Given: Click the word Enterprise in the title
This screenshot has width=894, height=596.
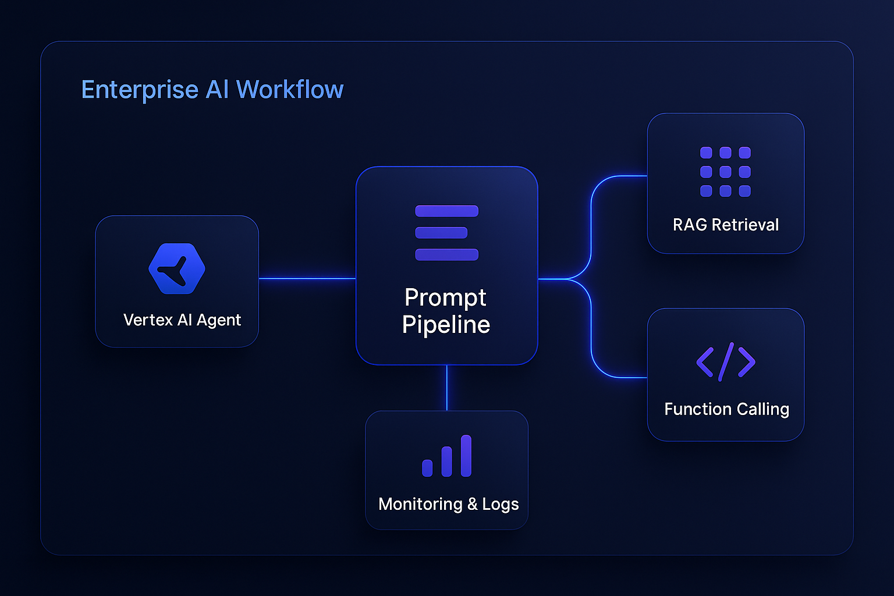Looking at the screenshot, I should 140,90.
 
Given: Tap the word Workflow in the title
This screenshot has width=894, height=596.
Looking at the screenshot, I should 289,90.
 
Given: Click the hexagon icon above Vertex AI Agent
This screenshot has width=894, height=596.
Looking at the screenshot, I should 177,269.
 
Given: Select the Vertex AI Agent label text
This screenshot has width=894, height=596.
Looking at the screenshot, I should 182,320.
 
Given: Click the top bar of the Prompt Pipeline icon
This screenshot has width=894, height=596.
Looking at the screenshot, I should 446,211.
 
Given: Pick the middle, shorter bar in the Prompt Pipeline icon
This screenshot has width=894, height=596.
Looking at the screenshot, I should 441,233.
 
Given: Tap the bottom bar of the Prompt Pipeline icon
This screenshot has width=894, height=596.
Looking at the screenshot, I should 446,254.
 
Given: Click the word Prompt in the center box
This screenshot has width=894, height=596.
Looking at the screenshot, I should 445,297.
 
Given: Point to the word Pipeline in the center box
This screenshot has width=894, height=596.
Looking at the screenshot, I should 446,325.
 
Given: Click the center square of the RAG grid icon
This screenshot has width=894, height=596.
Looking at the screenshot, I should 725,172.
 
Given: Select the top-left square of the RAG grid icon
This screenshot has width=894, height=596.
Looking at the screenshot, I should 706,152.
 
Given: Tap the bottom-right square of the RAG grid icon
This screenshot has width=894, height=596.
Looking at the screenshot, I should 744,191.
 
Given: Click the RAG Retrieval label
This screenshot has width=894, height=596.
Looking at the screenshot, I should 725,225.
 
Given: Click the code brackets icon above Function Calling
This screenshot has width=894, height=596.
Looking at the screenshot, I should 725,362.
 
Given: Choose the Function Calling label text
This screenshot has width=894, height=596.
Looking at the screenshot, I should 726,409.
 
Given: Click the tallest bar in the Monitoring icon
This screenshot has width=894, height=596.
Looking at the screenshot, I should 466,456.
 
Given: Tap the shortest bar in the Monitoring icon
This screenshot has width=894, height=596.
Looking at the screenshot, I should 427,468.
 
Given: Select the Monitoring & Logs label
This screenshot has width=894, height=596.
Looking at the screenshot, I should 448,504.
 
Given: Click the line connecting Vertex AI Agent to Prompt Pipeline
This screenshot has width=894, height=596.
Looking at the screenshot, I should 307,279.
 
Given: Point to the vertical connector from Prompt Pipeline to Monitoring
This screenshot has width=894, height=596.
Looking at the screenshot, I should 447,388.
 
